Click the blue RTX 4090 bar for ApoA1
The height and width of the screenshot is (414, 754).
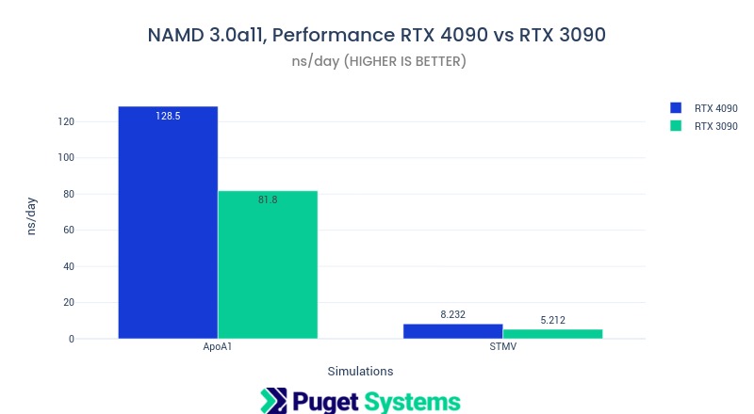[x=168, y=226]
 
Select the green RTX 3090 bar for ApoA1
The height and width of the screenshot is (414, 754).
[x=268, y=268]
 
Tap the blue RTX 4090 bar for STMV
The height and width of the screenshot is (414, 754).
[x=452, y=331]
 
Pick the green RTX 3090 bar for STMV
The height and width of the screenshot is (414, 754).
[x=552, y=333]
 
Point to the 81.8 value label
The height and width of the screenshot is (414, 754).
[x=268, y=199]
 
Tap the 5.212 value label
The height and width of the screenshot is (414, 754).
[x=552, y=321]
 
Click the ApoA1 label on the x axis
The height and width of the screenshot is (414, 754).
[x=218, y=347]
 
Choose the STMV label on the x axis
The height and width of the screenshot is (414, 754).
[x=502, y=347]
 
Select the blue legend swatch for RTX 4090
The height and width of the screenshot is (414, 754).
[x=675, y=108]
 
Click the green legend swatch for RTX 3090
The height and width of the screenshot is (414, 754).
[x=675, y=126]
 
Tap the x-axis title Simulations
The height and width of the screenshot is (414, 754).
[x=360, y=371]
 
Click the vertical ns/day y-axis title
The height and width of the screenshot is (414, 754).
[x=31, y=215]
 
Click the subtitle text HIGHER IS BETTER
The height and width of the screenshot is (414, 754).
[x=405, y=61]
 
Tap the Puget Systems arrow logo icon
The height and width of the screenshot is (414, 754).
[x=273, y=401]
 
